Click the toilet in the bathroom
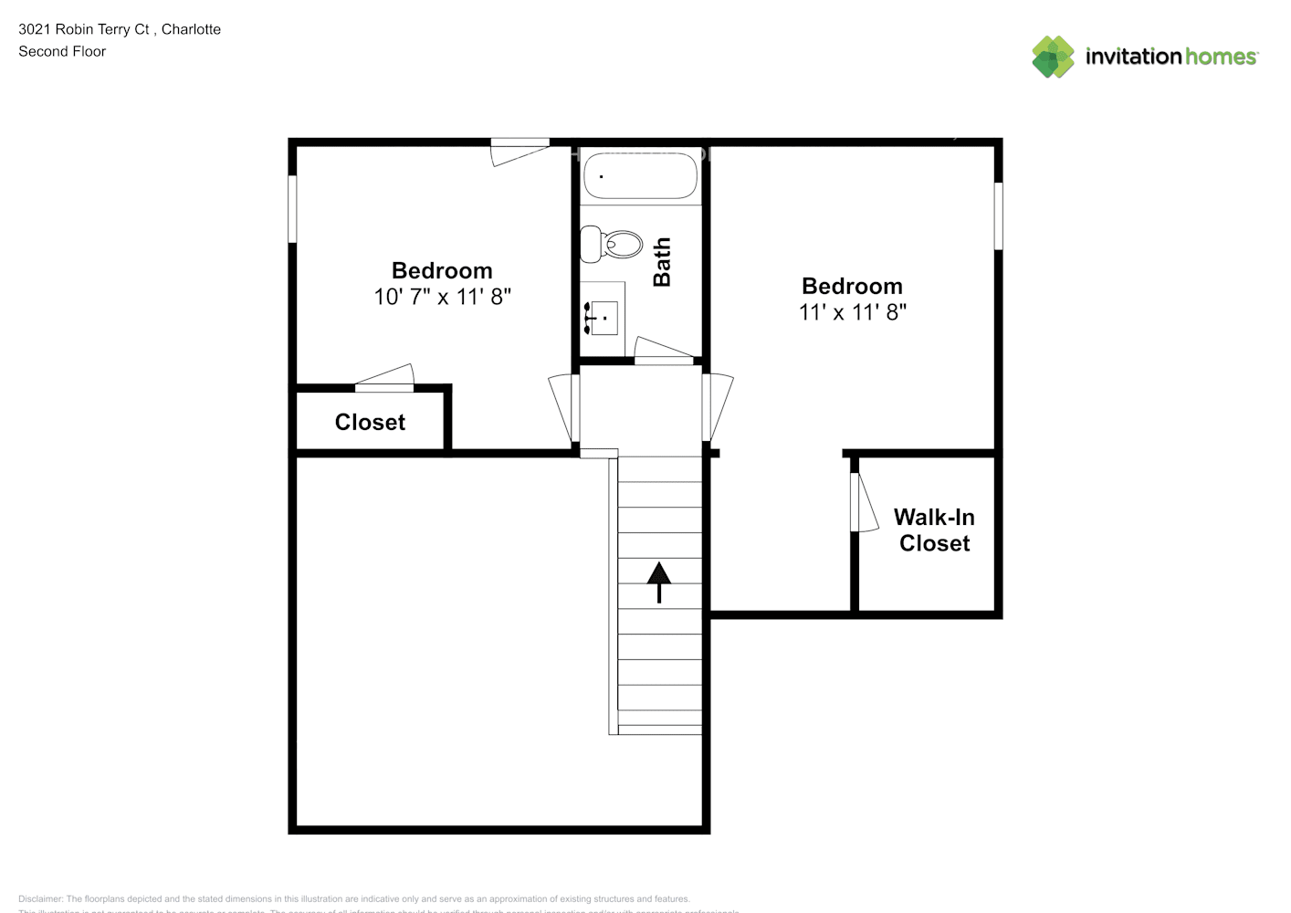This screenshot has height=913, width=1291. (613, 245)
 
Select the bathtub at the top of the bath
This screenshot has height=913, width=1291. (640, 175)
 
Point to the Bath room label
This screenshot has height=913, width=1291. (662, 262)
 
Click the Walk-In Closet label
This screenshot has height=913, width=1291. (934, 530)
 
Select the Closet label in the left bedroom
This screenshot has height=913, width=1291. (370, 422)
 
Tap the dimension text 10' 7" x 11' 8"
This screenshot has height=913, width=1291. (442, 297)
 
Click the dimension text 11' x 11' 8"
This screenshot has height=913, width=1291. (852, 312)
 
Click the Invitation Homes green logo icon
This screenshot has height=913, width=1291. (1053, 57)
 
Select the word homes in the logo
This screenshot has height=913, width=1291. (1221, 57)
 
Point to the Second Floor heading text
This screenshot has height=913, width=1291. (62, 51)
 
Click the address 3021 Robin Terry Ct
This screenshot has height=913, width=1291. (84, 29)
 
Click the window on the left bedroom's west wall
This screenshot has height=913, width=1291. (292, 209)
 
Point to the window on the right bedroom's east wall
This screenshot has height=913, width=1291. (998, 215)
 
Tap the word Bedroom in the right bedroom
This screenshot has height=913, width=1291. (852, 286)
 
